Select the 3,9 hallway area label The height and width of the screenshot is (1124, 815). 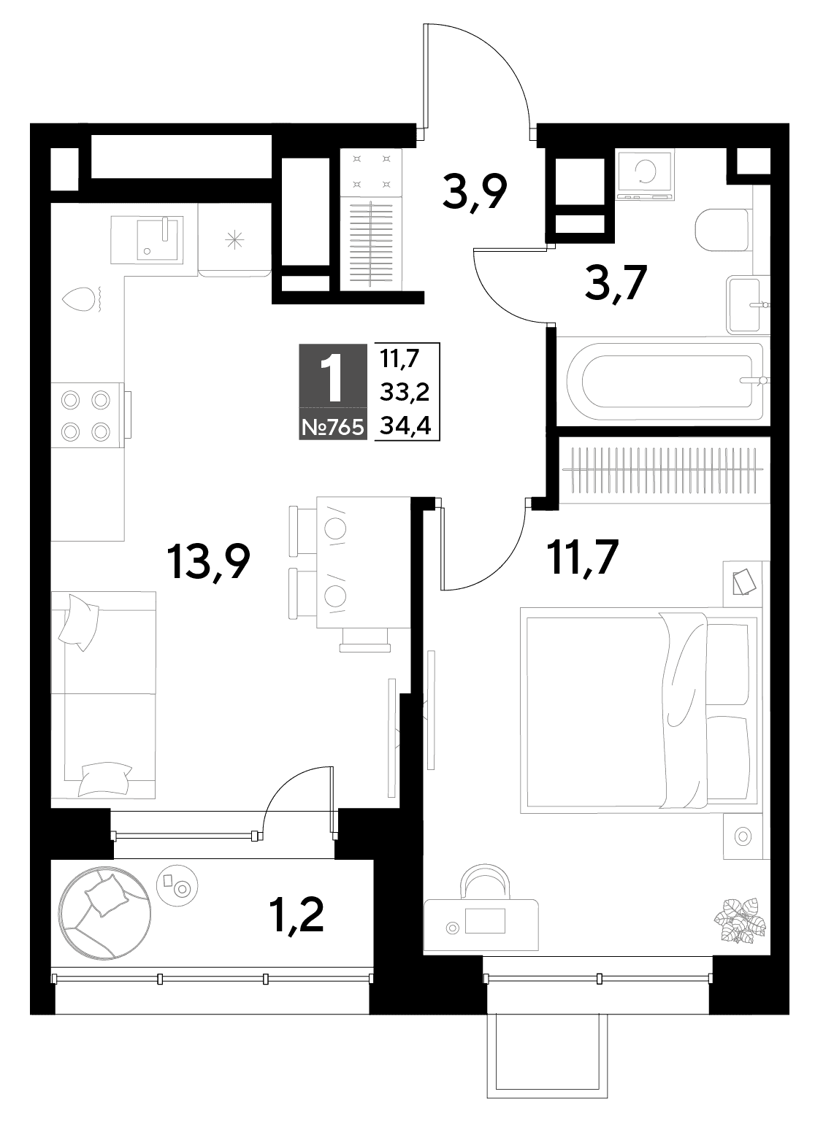click(475, 193)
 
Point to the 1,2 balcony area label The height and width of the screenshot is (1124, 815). click(296, 915)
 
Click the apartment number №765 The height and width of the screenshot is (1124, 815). click(333, 428)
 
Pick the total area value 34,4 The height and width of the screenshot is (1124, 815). click(405, 426)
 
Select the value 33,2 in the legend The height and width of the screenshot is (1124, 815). click(405, 393)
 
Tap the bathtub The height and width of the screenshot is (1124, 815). click(665, 382)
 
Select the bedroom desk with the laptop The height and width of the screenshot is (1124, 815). click(481, 925)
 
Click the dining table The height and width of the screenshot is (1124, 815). click(364, 563)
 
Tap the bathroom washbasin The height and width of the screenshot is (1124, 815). click(747, 306)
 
